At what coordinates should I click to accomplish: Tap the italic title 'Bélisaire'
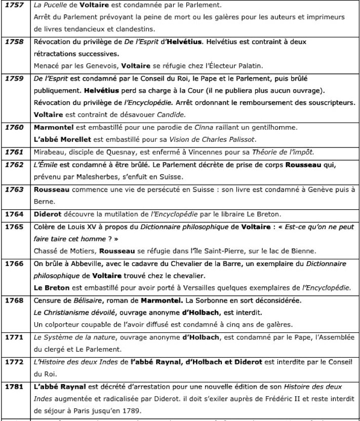click(79, 300)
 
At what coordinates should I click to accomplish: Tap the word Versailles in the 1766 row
click(194, 288)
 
